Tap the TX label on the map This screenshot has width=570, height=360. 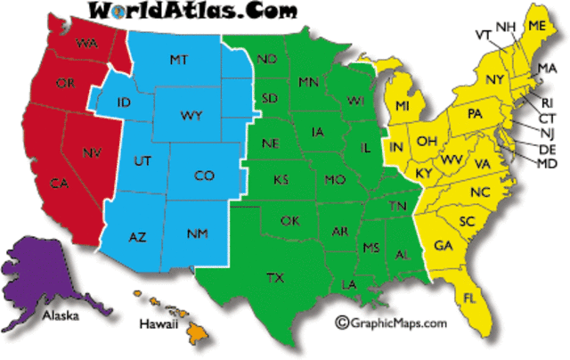pos(275,279)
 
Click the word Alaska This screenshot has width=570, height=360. pos(61,315)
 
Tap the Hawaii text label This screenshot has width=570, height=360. pos(158,324)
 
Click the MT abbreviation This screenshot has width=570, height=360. pos(177,60)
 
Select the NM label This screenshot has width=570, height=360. pos(198,234)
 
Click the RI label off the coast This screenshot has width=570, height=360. pos(547,102)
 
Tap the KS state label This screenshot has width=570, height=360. pos(281,180)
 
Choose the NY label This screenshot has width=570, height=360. pos(495,80)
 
